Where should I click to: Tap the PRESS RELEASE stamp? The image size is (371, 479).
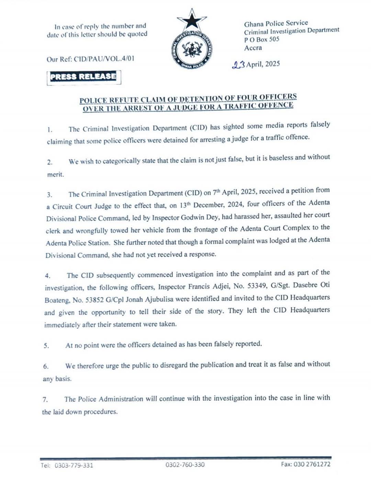[x=83, y=77]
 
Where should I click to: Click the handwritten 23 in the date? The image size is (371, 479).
[x=238, y=65]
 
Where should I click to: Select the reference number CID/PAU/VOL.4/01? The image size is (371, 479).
[x=104, y=59]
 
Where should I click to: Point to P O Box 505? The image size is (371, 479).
[x=262, y=39]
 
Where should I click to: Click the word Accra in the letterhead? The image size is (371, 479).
[x=253, y=48]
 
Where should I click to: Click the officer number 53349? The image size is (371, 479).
[x=257, y=285]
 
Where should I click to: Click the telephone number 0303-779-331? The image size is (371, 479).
[x=74, y=465]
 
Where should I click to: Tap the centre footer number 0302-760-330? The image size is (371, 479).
[x=185, y=465]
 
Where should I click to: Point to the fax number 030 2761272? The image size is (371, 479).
[x=313, y=464]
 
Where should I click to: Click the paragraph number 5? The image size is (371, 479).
[x=46, y=346]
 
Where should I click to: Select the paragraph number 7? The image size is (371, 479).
[x=45, y=400]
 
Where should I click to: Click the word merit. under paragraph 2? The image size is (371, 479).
[x=55, y=175]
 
